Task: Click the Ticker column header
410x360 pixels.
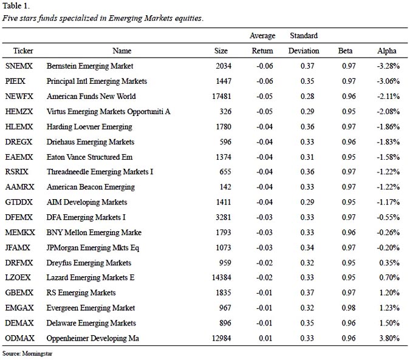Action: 23,50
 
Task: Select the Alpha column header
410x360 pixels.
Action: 387,50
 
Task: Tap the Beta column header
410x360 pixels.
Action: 345,50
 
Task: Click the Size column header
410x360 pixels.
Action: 221,50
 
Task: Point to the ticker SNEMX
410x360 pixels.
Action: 19,66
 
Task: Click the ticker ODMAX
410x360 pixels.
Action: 19,338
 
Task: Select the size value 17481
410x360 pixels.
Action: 222,96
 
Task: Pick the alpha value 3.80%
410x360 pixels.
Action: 389,338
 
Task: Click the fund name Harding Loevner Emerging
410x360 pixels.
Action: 89,127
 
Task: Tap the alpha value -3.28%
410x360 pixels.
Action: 388,66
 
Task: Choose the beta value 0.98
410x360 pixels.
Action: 349,308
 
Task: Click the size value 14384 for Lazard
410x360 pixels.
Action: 222,277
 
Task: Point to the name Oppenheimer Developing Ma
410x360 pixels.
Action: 92,338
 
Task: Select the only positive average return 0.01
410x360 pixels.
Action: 265,338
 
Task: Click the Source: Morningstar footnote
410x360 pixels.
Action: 27,353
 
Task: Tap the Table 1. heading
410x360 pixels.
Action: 16,5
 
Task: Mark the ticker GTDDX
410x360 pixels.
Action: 19,202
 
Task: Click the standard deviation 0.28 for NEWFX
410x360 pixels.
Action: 307,96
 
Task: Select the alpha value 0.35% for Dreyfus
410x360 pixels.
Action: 389,262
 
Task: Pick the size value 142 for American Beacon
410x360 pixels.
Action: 225,187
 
